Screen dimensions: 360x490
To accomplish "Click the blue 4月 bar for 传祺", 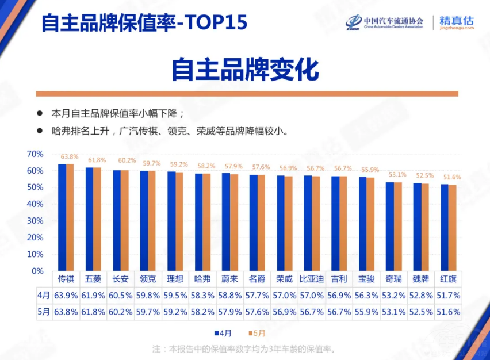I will click(62, 217).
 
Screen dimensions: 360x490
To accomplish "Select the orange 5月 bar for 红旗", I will click(453, 228).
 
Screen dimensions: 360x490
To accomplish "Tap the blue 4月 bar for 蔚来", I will click(225, 222).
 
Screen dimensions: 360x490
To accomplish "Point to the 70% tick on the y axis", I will click(35, 154).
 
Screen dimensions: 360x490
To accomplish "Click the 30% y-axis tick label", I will click(35, 221).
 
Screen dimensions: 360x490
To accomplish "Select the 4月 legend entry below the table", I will click(224, 333).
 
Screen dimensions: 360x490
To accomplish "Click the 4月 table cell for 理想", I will click(175, 295).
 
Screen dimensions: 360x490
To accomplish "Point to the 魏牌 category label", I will click(421, 279).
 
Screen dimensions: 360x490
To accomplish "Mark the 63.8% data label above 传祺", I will click(70, 156).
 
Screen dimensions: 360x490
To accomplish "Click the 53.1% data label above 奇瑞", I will click(397, 174).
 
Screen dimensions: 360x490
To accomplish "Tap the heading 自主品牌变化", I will click(245, 70).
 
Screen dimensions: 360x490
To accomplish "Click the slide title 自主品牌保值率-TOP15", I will click(144, 22).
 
